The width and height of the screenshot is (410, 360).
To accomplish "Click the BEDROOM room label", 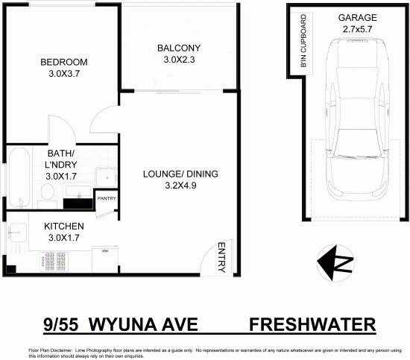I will coord(64,62).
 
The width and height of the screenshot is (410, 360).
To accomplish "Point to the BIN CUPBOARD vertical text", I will coord(304,42).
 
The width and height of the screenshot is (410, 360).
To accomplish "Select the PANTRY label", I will coord(106,199).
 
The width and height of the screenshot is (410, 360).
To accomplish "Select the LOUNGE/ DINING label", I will coord(180,174).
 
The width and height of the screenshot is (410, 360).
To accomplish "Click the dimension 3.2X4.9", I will coord(180,186).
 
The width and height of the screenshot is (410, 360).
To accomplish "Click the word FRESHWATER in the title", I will coord(312,325).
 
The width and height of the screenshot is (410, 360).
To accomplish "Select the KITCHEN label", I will coord(63,226).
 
